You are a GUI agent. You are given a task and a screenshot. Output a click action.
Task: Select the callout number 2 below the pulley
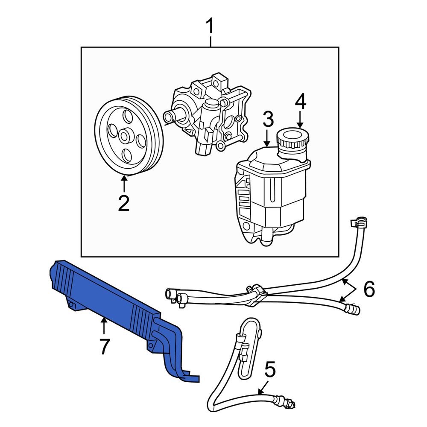coord(124,204)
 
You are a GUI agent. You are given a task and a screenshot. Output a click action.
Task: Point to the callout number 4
coord(300,101)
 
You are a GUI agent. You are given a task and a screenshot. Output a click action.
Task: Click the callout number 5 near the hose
coord(270,370)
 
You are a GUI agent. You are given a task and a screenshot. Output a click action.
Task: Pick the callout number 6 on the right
coord(369,290)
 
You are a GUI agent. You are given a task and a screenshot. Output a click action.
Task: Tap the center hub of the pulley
coord(125,137)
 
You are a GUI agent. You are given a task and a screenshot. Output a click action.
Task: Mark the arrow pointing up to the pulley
coord(124,184)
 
